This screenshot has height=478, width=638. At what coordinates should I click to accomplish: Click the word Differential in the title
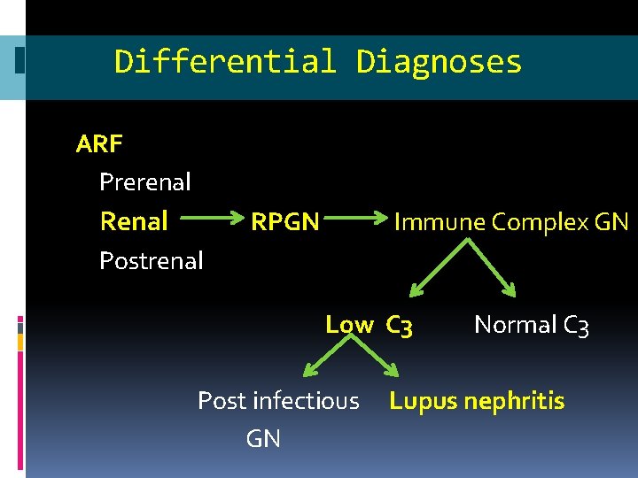(225, 62)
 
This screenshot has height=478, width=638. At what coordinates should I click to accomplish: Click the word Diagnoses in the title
(439, 62)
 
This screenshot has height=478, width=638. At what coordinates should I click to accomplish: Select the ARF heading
(99, 143)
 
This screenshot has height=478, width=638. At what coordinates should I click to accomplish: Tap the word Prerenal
(145, 182)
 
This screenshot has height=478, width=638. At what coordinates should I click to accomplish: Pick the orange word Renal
(134, 221)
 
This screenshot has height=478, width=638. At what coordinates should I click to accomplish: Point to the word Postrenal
(152, 260)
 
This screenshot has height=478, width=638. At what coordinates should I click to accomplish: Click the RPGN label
(285, 221)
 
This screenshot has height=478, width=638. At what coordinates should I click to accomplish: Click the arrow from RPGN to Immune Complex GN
(354, 218)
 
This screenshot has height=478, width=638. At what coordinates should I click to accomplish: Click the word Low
(349, 325)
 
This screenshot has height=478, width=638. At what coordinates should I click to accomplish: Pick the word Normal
(516, 325)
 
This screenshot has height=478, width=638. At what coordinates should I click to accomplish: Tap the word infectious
(306, 401)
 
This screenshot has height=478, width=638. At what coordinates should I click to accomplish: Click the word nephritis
(514, 401)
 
